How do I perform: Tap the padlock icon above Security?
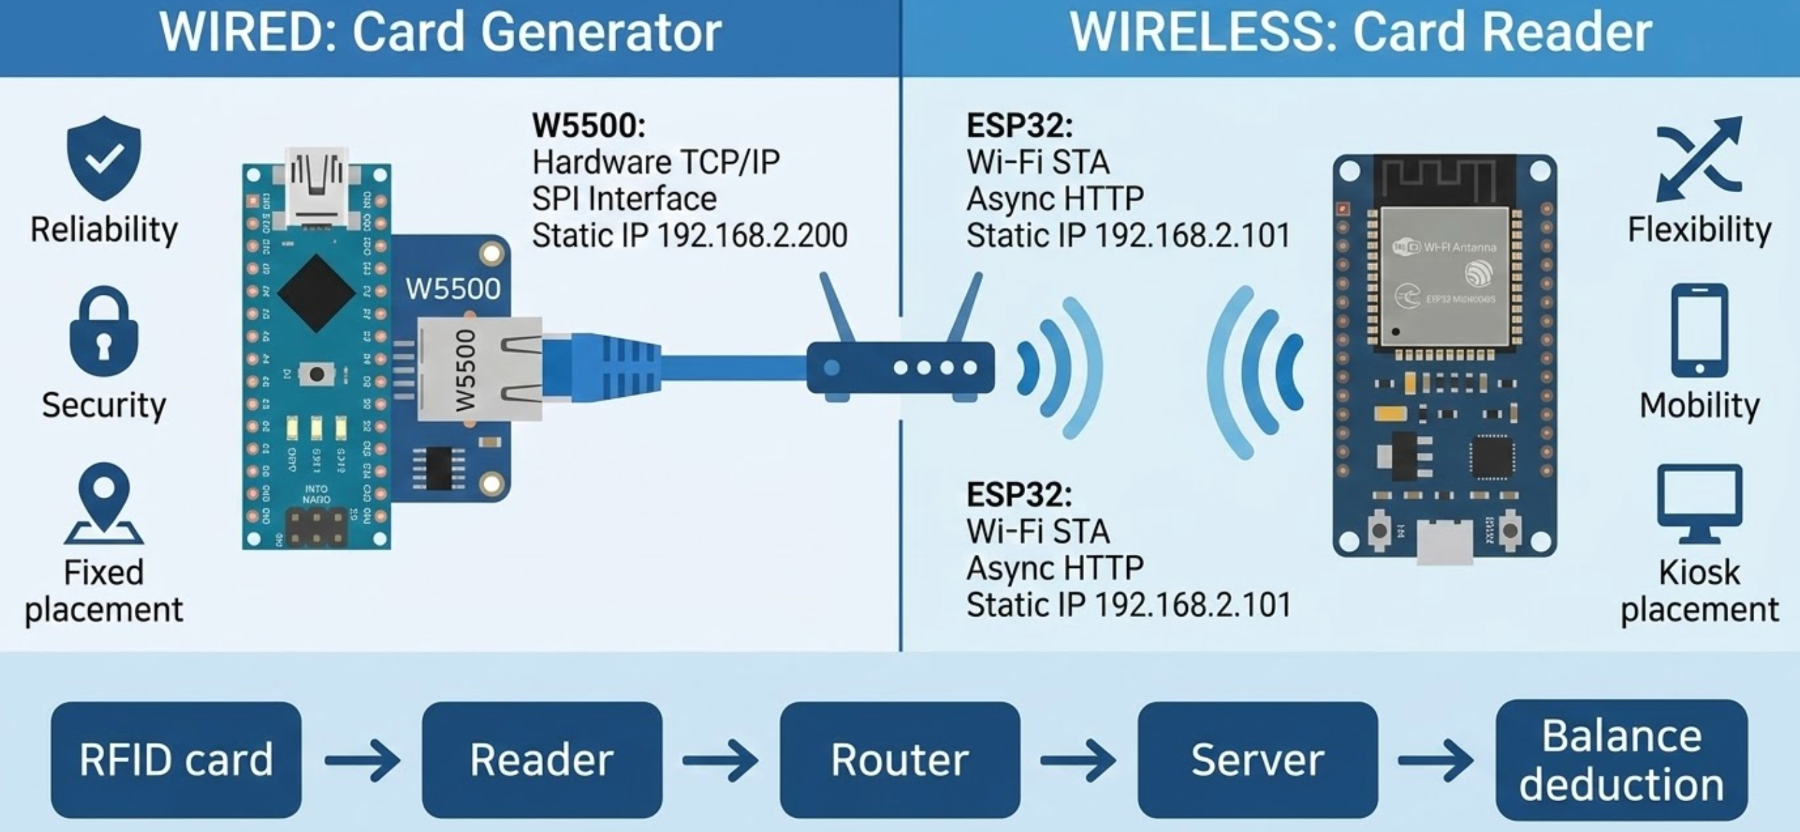103,333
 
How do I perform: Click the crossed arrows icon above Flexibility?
1699,159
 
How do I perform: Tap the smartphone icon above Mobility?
1699,330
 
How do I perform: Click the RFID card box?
176,760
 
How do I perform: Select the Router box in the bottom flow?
900,760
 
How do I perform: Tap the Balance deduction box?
1622,760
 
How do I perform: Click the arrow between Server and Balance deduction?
1436,760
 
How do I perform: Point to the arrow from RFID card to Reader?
362,760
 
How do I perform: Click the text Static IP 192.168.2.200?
689,235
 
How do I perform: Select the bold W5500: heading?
589,126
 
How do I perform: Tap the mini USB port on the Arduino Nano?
317,187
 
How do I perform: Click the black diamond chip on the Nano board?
317,293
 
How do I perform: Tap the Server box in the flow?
1258,760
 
